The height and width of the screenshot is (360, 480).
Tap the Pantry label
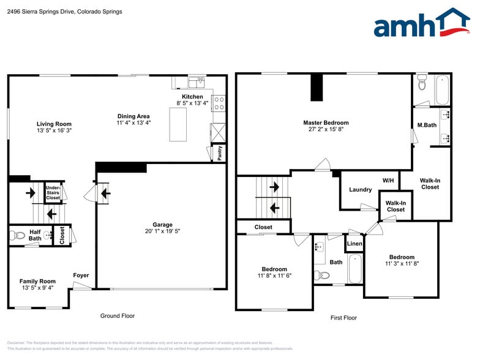point(219,152)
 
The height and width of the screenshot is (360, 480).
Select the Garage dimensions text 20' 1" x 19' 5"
point(162,232)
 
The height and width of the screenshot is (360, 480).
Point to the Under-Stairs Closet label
point(53,193)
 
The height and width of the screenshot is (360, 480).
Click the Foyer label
point(81,276)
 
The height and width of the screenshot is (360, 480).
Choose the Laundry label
point(360,190)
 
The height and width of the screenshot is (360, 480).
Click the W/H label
point(388,181)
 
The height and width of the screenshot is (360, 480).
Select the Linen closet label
point(354,244)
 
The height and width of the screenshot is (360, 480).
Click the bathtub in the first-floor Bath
point(354,269)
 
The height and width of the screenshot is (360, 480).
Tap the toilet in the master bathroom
point(421,83)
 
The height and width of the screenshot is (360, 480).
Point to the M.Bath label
point(427,126)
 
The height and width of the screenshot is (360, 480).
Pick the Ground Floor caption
point(118,316)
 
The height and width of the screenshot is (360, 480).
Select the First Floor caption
point(343,318)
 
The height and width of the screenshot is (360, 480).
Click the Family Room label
point(37,281)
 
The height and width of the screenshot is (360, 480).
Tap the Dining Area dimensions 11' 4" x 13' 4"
point(133,123)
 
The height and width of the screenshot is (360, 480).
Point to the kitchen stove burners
point(219,103)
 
